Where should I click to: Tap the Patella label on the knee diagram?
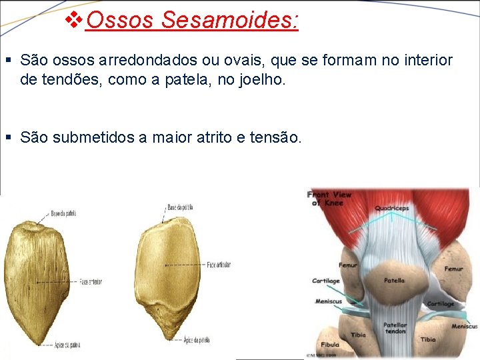coord(394,281)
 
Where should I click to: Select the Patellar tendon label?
coord(395,328)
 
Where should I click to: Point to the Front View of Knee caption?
coord(329,198)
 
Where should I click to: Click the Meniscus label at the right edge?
coord(464,326)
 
